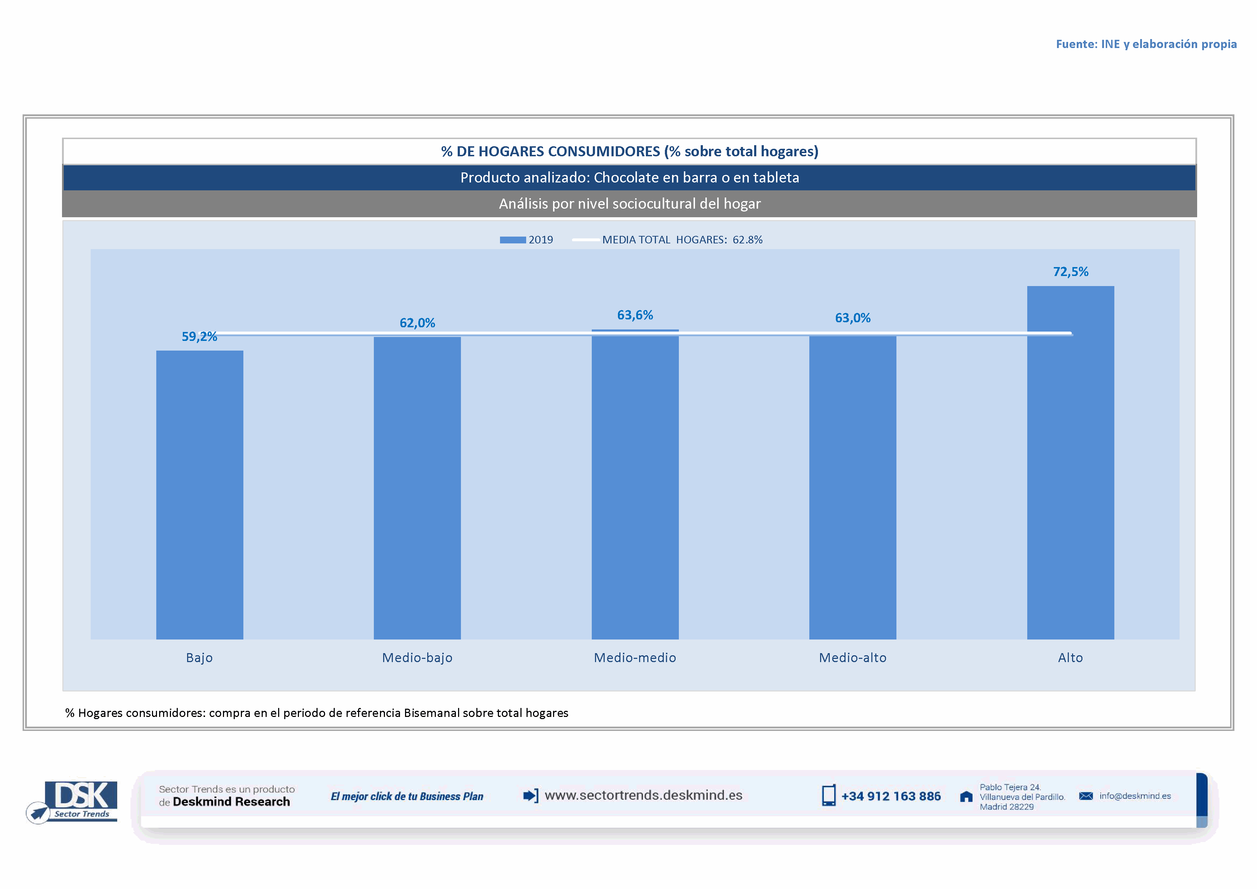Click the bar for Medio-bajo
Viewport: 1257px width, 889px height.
[x=417, y=487]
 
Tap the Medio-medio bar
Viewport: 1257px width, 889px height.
[x=635, y=484]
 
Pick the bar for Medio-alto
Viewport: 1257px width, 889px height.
[x=852, y=487]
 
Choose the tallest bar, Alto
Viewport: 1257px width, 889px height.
[x=1070, y=462]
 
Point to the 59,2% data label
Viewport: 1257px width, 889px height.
[x=199, y=336]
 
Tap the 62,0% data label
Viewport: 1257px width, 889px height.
[x=417, y=323]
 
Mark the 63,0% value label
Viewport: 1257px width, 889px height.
[x=852, y=318]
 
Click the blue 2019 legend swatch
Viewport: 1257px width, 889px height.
[x=513, y=240]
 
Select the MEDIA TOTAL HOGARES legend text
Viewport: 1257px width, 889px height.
[x=682, y=240]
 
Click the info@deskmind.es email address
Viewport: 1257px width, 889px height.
[x=1135, y=796]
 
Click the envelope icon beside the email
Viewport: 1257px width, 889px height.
[x=1086, y=796]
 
